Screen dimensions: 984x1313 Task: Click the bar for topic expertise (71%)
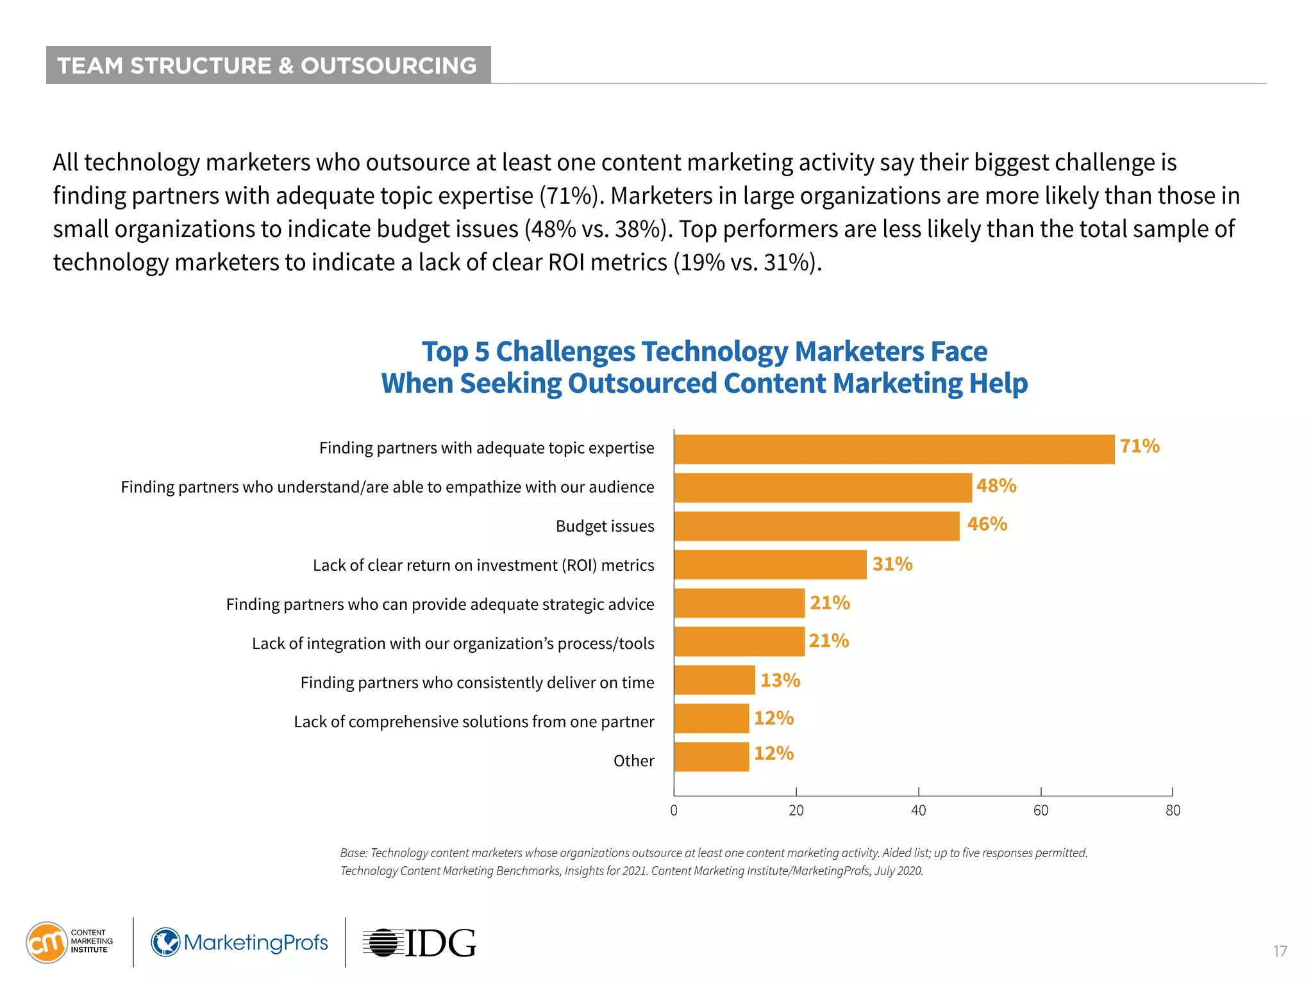894,449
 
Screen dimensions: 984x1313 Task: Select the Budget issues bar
816,526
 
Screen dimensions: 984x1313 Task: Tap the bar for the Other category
711,757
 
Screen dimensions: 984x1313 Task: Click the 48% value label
996,486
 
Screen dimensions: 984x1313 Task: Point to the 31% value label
892,564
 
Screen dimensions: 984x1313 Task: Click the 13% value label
780,680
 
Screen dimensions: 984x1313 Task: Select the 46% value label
987,524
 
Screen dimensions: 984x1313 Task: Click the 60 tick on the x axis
1040,810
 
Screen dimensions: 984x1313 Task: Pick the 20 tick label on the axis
796,810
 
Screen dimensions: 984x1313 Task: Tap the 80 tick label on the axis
1172,810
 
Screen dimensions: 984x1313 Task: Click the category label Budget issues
605,526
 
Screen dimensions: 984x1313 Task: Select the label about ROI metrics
483,565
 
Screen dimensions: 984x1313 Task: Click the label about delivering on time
476,682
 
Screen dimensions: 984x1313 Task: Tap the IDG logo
420,943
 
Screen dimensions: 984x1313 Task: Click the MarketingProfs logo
239,942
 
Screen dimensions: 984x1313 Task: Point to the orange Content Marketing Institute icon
46,942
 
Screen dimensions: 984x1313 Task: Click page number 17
1280,951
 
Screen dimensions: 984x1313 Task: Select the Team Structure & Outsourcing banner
268,65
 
